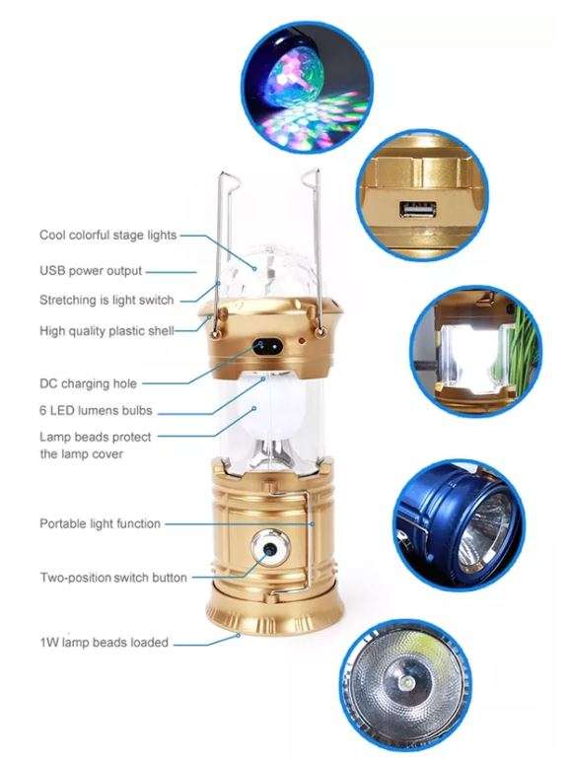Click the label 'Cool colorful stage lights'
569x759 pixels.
pos(107,235)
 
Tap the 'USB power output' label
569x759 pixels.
pos(91,270)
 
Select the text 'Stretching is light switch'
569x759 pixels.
pos(107,300)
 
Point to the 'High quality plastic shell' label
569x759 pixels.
pos(107,331)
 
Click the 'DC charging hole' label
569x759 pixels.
pos(89,383)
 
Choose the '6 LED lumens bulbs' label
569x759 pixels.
pos(96,411)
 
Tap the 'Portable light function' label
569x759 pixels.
pos(100,523)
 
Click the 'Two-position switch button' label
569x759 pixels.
pos(112,577)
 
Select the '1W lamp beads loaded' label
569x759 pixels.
pos(103,643)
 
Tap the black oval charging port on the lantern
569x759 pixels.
pos(267,346)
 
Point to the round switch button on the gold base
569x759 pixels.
pos(266,549)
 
